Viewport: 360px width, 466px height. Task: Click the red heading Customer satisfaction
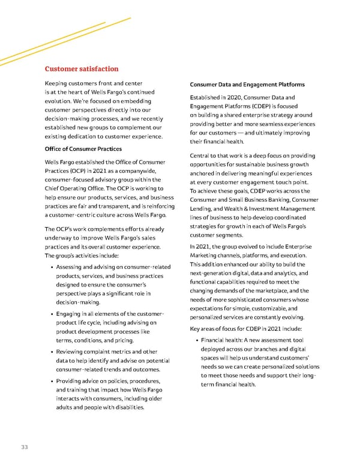[82, 69]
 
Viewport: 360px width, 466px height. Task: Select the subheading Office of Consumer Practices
[83, 149]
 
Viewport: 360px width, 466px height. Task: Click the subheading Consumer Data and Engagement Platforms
[247, 85]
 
